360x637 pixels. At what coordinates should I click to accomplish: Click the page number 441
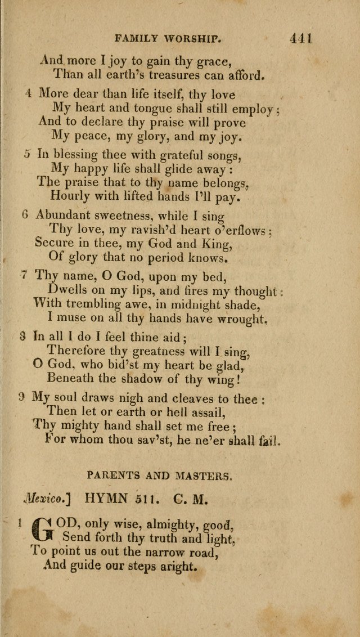click(x=301, y=39)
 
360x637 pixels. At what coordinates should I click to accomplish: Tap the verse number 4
click(x=28, y=94)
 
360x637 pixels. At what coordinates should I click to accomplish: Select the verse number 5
click(x=28, y=154)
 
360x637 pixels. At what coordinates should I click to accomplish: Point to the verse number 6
click(x=25, y=214)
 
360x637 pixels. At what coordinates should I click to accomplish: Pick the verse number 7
click(x=24, y=275)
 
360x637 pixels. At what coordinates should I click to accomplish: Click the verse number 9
click(x=21, y=396)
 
